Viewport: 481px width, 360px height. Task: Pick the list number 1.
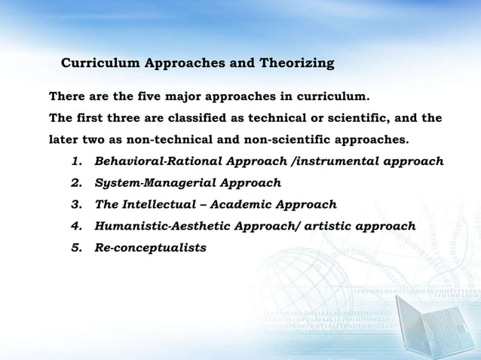76,161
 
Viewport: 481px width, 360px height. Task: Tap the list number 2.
76,182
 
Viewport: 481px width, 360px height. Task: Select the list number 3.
76,204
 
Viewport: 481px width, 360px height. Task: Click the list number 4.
76,225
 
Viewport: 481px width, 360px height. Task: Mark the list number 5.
76,246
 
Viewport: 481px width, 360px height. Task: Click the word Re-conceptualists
151,246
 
